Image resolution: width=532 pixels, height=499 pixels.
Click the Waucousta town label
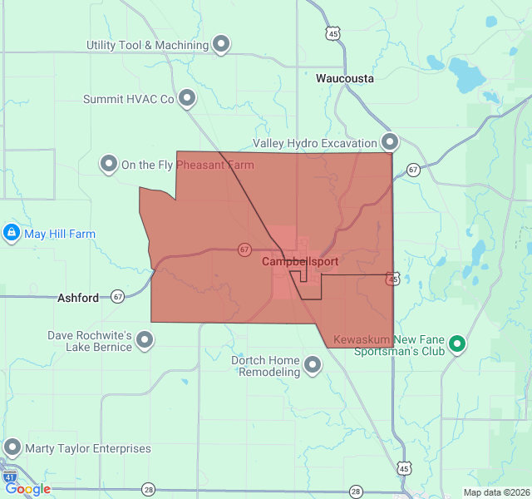pyautogui.click(x=345, y=79)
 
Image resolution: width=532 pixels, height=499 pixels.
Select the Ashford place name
pyautogui.click(x=78, y=297)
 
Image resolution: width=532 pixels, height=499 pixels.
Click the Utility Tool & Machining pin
pyautogui.click(x=221, y=43)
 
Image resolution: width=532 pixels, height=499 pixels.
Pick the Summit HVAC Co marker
pyautogui.click(x=187, y=98)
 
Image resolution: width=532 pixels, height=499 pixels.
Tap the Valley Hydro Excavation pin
pyautogui.click(x=389, y=141)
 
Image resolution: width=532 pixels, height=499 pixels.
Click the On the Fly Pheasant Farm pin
pyautogui.click(x=109, y=164)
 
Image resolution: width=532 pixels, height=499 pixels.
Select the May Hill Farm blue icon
pyautogui.click(x=12, y=233)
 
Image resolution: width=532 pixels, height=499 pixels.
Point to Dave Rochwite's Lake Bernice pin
pyautogui.click(x=145, y=339)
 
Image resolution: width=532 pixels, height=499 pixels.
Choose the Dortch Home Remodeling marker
pyautogui.click(x=313, y=364)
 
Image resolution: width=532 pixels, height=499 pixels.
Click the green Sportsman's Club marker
pyautogui.click(x=456, y=343)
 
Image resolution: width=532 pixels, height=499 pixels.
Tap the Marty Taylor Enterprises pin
pyautogui.click(x=12, y=447)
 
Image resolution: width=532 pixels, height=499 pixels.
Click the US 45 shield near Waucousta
pyautogui.click(x=332, y=34)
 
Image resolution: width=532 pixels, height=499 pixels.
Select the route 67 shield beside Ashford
pyautogui.click(x=117, y=296)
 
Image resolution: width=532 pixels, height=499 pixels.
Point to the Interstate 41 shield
pyautogui.click(x=9, y=477)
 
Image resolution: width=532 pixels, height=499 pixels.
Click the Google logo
pyautogui.click(x=27, y=489)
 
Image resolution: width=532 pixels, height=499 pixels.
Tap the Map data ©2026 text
pyautogui.click(x=496, y=492)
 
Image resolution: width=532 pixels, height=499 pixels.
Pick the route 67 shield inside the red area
pyautogui.click(x=244, y=249)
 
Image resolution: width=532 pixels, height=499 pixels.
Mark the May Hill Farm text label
pyautogui.click(x=60, y=234)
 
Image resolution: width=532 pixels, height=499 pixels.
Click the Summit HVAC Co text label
pyautogui.click(x=128, y=99)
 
